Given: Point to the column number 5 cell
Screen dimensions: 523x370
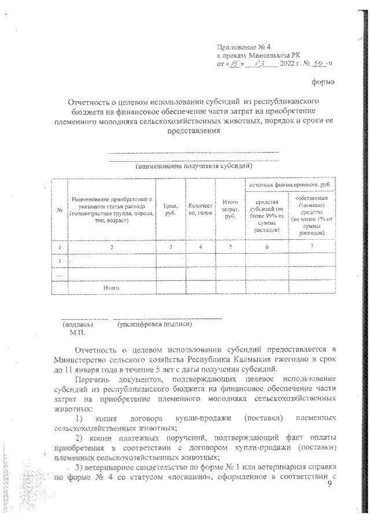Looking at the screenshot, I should click(230, 247).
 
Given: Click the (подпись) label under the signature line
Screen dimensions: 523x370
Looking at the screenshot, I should click(77, 325).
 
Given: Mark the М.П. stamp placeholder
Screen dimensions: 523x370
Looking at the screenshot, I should click(77, 333).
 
